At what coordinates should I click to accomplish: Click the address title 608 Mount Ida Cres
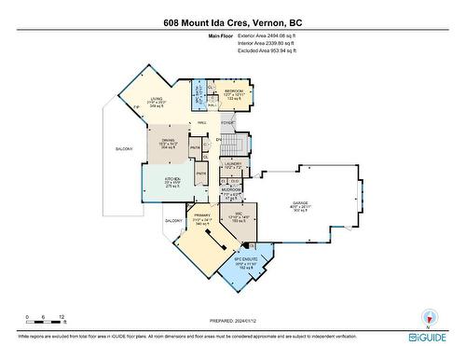pyautogui.click(x=232, y=21)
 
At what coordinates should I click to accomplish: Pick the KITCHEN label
pyautogui.click(x=160, y=181)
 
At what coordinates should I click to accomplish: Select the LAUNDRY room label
pyautogui.click(x=233, y=163)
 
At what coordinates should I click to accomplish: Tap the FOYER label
pyautogui.click(x=227, y=122)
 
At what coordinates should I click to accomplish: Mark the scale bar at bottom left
pyautogui.click(x=44, y=323)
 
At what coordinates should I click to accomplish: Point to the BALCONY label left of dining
pyautogui.click(x=125, y=148)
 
